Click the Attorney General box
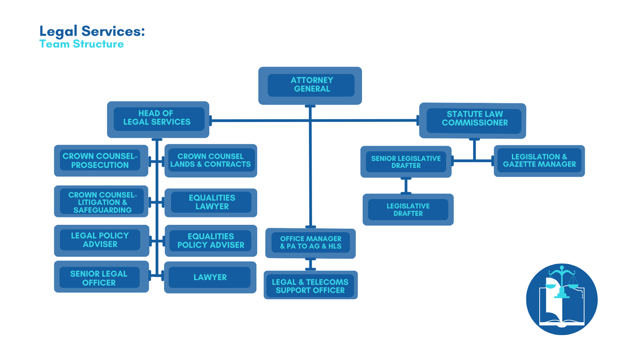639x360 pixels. [310, 85]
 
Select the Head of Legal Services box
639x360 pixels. [158, 119]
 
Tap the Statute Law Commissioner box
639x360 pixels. [473, 120]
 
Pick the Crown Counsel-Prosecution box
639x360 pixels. [101, 161]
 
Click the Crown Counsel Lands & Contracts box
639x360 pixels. [210, 161]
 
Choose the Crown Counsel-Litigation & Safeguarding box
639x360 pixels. [101, 201]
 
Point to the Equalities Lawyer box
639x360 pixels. [211, 202]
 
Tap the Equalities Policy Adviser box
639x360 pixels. [211, 240]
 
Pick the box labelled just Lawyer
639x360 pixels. [210, 277]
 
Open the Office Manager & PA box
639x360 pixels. [311, 243]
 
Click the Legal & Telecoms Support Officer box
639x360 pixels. [311, 285]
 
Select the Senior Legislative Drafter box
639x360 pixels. [406, 162]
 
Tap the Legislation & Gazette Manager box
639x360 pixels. [539, 161]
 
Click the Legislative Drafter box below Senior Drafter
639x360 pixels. [408, 210]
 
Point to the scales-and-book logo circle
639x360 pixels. [561, 299]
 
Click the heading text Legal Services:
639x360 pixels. [92, 31]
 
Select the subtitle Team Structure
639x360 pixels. [81, 44]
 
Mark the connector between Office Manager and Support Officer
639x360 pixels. [311, 264]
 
